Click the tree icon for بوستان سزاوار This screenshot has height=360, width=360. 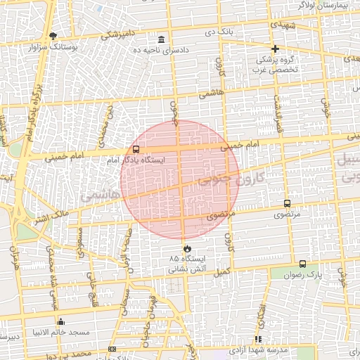pos(53,36)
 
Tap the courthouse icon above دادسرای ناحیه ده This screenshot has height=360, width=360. pos(162,39)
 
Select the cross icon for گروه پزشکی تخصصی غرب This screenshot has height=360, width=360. pos(275,49)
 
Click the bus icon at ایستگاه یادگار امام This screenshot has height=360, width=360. pos(136,149)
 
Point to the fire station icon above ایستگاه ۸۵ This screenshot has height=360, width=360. pos(187,248)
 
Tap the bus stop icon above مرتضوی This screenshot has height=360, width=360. pos(287,203)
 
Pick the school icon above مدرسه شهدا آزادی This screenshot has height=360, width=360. pos(259,339)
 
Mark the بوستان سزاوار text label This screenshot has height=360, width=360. pos(53,48)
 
